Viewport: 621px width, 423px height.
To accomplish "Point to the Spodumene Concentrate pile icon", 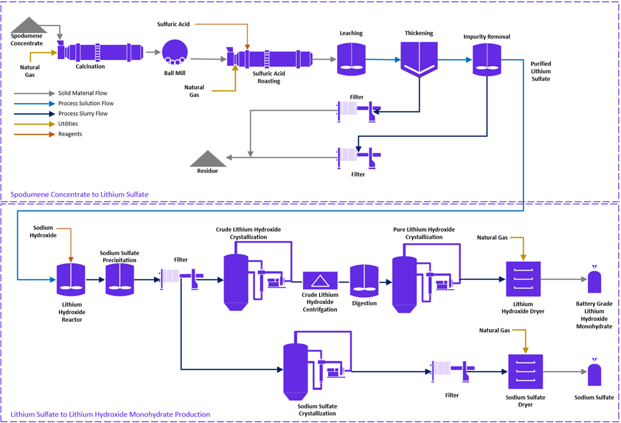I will tap(27, 25).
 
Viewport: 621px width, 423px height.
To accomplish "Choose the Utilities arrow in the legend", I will tap(32, 124).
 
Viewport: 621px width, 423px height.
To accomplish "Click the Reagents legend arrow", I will tap(32, 134).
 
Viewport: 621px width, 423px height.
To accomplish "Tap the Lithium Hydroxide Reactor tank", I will tap(71, 279).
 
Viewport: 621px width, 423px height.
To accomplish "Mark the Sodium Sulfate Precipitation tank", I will tap(119, 279).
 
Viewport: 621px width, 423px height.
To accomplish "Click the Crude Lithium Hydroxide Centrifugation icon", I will tap(320, 281).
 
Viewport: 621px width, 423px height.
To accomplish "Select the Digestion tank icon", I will tap(364, 281).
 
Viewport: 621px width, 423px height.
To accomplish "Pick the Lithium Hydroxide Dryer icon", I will tap(523, 279).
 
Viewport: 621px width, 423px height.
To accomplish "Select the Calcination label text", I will tap(90, 66).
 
